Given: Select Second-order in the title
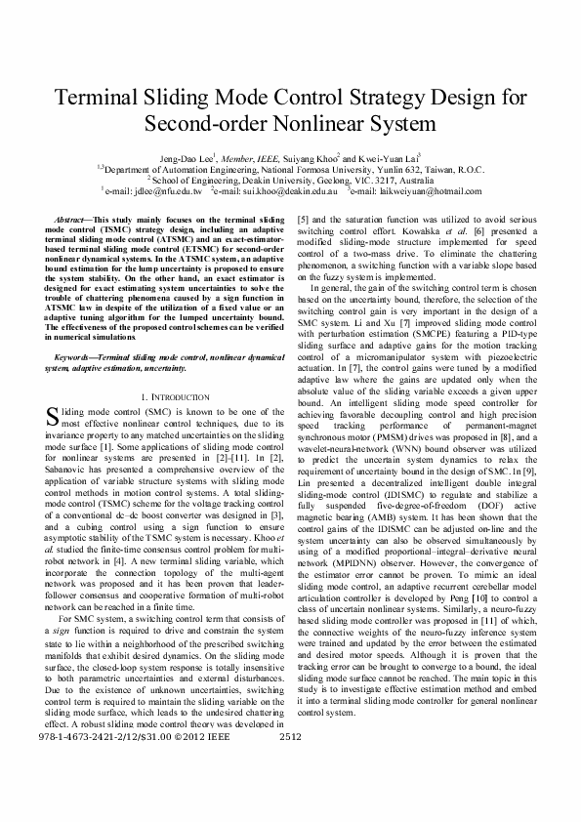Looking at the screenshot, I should click(x=202, y=126).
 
